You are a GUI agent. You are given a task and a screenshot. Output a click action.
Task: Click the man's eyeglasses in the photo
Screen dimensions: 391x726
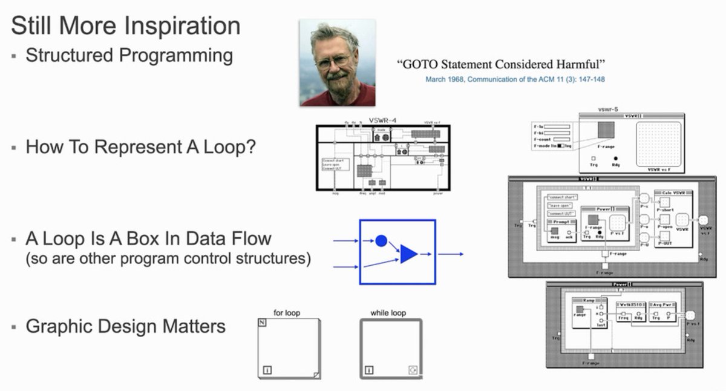pyautogui.click(x=332, y=60)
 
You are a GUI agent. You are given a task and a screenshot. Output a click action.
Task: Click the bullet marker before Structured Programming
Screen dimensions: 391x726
pyautogui.click(x=14, y=56)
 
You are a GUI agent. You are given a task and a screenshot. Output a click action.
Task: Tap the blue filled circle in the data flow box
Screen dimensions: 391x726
pyautogui.click(x=381, y=241)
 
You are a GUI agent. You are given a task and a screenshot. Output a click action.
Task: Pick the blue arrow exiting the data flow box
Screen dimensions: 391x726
pyautogui.click(x=451, y=254)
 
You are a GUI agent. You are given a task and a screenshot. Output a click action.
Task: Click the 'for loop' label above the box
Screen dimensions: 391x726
pyautogui.click(x=287, y=313)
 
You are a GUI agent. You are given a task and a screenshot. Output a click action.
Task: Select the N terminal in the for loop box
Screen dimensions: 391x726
pyautogui.click(x=263, y=323)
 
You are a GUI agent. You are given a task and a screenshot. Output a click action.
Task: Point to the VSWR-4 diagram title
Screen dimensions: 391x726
pyautogui.click(x=382, y=120)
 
